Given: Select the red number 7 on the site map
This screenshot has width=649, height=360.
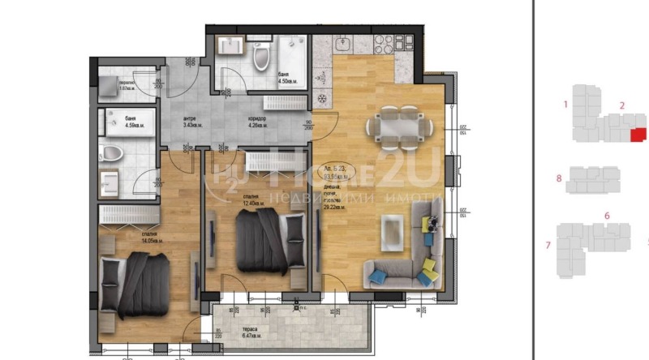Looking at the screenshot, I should pyautogui.click(x=548, y=245).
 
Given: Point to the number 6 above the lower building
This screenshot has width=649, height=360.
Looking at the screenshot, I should pyautogui.click(x=607, y=216).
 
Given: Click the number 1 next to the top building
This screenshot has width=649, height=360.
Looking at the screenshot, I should pyautogui.click(x=565, y=104).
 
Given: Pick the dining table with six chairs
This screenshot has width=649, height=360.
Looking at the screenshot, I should pyautogui.click(x=397, y=127).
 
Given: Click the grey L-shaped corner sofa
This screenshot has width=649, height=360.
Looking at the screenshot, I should pyautogui.click(x=403, y=252).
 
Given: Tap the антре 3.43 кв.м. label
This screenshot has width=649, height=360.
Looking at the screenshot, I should pyautogui.click(x=191, y=122).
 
